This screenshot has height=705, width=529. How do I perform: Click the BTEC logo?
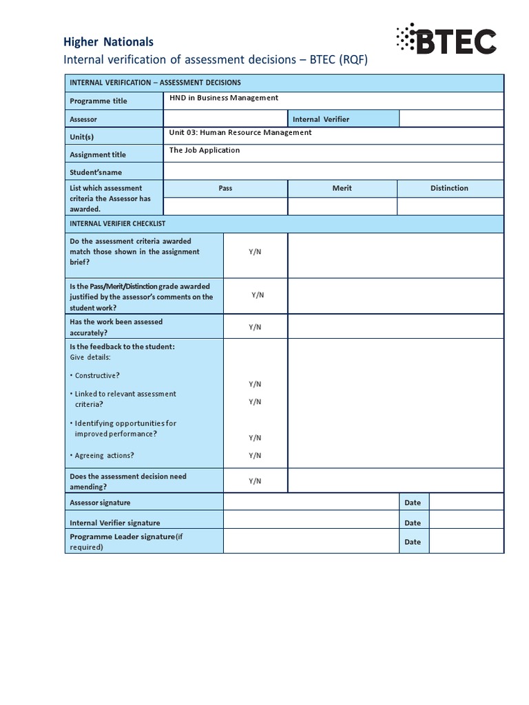point(446,39)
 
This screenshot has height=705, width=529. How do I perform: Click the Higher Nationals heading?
point(108,42)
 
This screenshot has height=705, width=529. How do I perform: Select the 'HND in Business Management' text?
point(224,98)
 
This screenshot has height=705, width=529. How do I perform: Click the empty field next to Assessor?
point(225,119)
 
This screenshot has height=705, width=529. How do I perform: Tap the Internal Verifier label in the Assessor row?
point(321,119)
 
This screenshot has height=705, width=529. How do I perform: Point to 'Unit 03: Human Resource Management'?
point(240,133)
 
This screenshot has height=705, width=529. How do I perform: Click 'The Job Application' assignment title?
point(205,150)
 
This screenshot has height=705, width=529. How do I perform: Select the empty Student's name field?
point(333,171)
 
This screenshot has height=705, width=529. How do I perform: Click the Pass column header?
point(225,188)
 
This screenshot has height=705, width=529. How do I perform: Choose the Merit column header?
point(342,188)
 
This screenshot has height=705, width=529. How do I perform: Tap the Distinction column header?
point(449,188)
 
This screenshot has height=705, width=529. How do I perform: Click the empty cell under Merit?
point(342,207)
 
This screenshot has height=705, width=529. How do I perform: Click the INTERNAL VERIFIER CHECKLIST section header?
point(117,224)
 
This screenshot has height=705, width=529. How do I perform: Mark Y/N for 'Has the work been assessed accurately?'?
point(255,327)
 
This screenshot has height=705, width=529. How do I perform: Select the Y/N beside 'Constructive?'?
point(255,384)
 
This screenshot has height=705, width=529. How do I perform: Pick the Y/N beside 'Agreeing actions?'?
point(255,455)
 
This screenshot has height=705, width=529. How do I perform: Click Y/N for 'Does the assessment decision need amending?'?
point(255,481)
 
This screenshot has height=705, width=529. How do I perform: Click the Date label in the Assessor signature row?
point(413,503)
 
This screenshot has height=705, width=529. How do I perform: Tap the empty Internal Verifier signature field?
point(311,523)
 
